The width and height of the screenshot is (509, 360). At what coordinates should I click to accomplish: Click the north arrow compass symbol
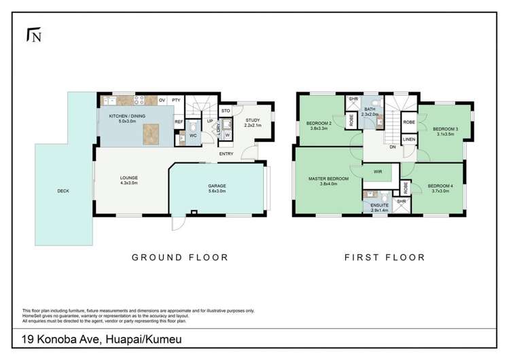[32, 35]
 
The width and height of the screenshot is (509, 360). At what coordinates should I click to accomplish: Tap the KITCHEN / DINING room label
[128, 115]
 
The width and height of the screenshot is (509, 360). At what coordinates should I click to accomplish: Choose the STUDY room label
[253, 120]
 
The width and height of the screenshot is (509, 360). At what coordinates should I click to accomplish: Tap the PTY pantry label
[176, 100]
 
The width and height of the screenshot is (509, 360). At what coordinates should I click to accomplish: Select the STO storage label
[226, 109]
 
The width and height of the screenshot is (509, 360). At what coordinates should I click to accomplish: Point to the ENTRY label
[227, 154]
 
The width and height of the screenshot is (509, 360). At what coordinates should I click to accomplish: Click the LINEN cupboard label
[409, 139]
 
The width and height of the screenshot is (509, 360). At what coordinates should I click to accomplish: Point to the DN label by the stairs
[393, 147]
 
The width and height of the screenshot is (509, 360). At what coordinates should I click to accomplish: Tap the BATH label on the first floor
[370, 111]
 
